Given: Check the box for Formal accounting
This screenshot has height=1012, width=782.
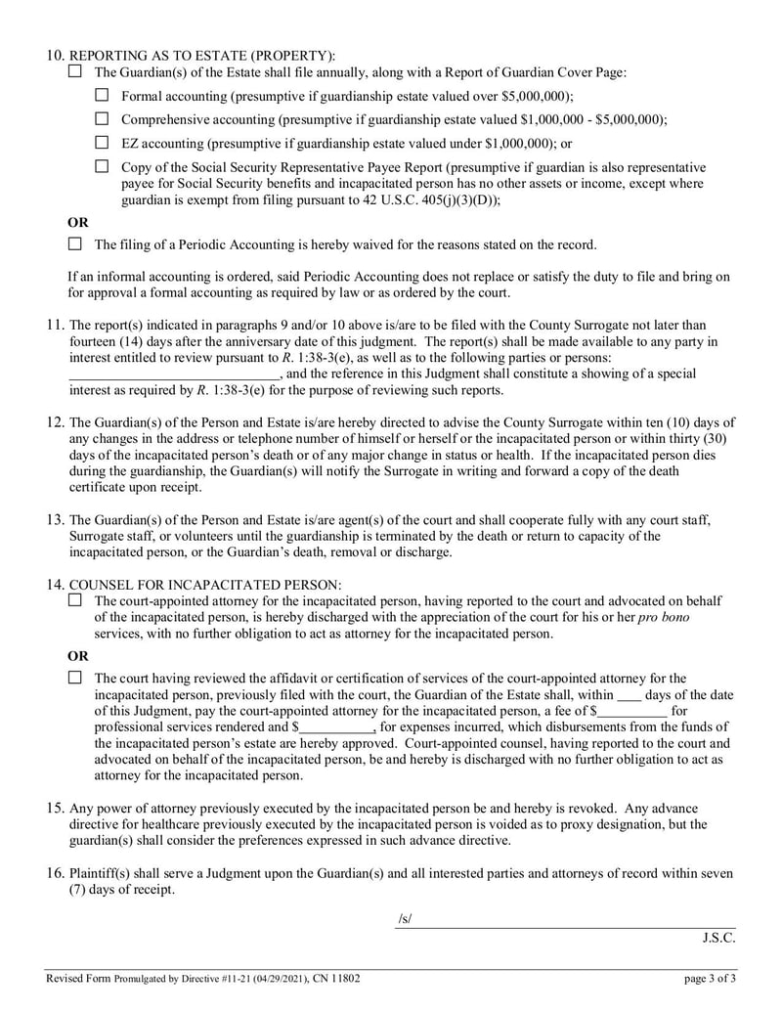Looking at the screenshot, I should point(102,95).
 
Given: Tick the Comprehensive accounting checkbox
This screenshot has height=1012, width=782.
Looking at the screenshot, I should point(102,118).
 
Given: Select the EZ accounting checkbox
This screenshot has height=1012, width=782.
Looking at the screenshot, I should point(102,142).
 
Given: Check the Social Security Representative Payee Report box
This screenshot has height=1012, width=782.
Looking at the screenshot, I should point(102,166).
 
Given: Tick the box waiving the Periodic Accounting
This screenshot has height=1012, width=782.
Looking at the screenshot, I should point(75,243).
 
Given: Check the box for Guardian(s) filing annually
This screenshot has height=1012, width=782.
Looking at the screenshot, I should point(75,71).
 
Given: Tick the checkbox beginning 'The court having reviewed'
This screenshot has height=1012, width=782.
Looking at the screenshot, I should point(75,678).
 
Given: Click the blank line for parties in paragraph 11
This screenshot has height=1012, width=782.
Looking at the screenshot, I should point(174,374).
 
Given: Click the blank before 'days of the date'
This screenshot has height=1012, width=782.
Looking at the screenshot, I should point(630,694).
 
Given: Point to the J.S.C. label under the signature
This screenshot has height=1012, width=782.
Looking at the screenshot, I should point(718,937).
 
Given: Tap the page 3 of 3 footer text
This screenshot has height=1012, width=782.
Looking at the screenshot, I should point(710,977).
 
